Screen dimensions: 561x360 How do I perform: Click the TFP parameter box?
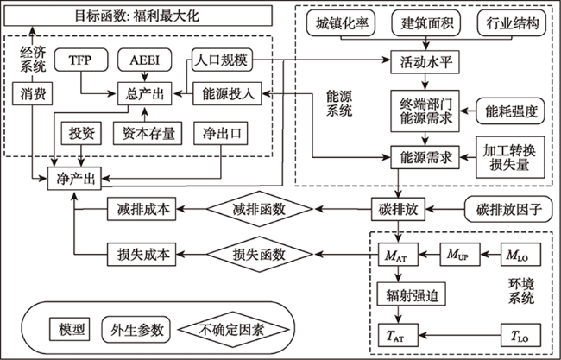click(81, 60)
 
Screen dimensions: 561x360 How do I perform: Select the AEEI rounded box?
click(144, 60)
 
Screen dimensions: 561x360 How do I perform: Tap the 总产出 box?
click(144, 94)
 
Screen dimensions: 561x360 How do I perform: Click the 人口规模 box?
click(222, 60)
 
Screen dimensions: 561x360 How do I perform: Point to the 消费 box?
click(33, 94)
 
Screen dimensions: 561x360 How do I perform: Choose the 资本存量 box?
click(148, 134)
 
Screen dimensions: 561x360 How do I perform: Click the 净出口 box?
click(221, 134)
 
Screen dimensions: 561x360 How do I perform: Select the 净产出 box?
click(74, 179)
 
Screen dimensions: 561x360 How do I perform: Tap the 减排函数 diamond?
click(260, 209)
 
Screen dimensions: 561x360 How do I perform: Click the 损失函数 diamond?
click(260, 254)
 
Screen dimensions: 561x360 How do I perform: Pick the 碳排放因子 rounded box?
click(508, 209)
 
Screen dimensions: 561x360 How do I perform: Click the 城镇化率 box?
click(341, 23)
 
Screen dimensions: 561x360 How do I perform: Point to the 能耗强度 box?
click(510, 111)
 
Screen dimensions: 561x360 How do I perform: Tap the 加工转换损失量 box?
click(510, 157)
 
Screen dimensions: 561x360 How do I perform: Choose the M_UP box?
click(460, 254)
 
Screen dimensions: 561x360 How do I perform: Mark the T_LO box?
click(520, 335)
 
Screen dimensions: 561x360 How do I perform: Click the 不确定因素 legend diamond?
click(234, 329)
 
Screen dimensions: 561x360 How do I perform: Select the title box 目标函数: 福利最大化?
click(138, 16)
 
